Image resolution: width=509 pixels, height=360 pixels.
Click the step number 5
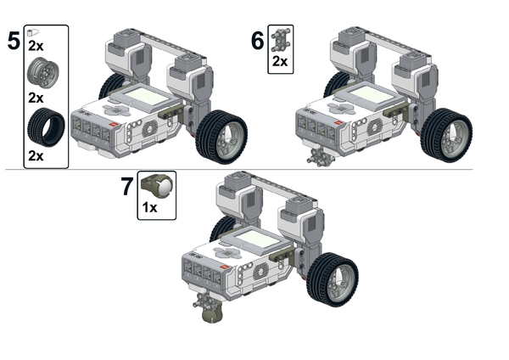click(14, 42)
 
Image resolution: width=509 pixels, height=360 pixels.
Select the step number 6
click(257, 41)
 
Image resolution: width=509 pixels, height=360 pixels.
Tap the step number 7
click(127, 187)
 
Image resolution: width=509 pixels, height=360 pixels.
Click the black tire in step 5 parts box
click(46, 127)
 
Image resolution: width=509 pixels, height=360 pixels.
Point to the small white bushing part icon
click(33, 32)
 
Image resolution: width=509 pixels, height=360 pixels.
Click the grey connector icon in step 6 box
click(280, 40)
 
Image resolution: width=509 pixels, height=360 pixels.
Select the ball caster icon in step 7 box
click(157, 187)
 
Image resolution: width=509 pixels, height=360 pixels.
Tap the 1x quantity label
click(149, 207)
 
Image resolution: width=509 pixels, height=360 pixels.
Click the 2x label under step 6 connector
click(280, 61)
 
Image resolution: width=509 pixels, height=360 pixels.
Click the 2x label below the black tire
click(36, 156)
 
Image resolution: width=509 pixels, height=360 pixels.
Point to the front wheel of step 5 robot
click(221, 137)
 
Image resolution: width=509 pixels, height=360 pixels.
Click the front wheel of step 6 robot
click(446, 136)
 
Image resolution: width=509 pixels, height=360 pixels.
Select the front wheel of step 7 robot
click(333, 279)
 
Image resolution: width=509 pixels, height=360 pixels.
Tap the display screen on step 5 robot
click(147, 97)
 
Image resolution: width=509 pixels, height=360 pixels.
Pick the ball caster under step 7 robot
click(213, 312)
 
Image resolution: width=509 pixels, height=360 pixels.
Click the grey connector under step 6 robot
click(321, 157)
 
